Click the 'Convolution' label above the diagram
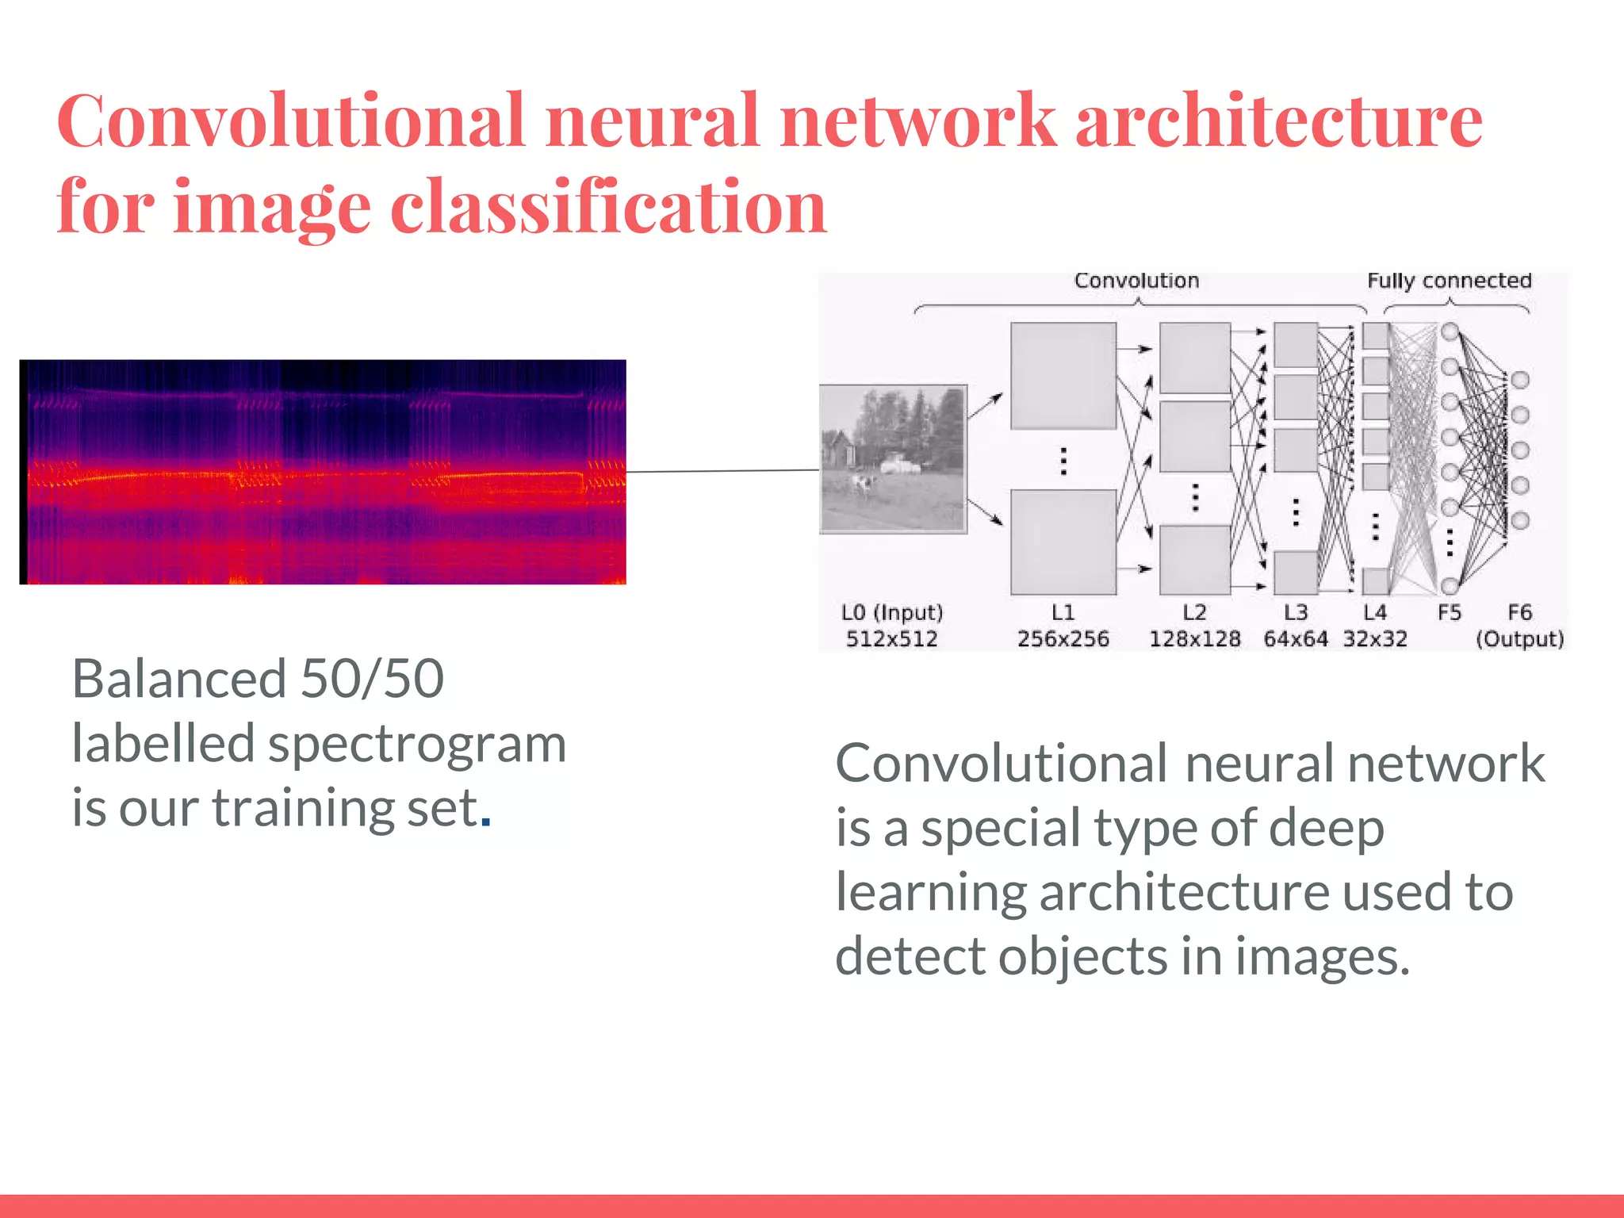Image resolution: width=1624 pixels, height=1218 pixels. coord(1136,281)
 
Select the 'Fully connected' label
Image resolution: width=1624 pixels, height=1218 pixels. coord(1449,281)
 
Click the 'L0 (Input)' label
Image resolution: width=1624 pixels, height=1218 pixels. coord(892,612)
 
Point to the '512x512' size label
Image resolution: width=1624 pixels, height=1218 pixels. coord(891,639)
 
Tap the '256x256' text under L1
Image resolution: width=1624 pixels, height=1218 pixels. coord(1063,639)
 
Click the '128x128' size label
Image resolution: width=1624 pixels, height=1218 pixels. coord(1194,639)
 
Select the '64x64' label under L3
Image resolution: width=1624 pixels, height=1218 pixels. coord(1295,639)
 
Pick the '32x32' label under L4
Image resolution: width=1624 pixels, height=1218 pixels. coord(1375,639)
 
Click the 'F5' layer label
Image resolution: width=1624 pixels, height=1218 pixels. coord(1449,612)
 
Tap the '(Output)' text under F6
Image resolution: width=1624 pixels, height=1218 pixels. coord(1519,639)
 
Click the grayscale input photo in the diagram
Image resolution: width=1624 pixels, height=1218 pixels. coord(893,459)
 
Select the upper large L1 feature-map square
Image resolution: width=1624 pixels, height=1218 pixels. coord(1063,375)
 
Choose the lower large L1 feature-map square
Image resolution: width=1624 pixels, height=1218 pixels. coord(1063,542)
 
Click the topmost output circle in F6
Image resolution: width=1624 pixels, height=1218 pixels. coord(1519,380)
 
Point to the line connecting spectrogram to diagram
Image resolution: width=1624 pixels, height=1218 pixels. coord(722,471)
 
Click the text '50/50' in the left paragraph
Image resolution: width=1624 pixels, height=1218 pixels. coord(372,680)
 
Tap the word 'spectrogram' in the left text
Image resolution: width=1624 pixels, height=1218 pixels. coord(417,745)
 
